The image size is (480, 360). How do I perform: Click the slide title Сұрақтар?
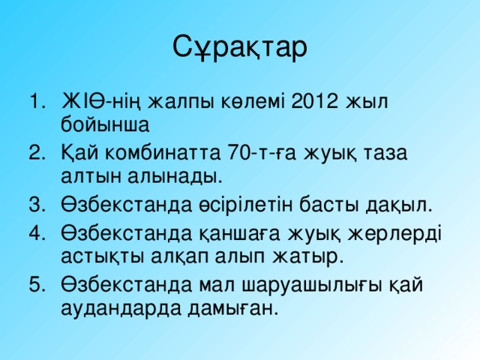[239, 46]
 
